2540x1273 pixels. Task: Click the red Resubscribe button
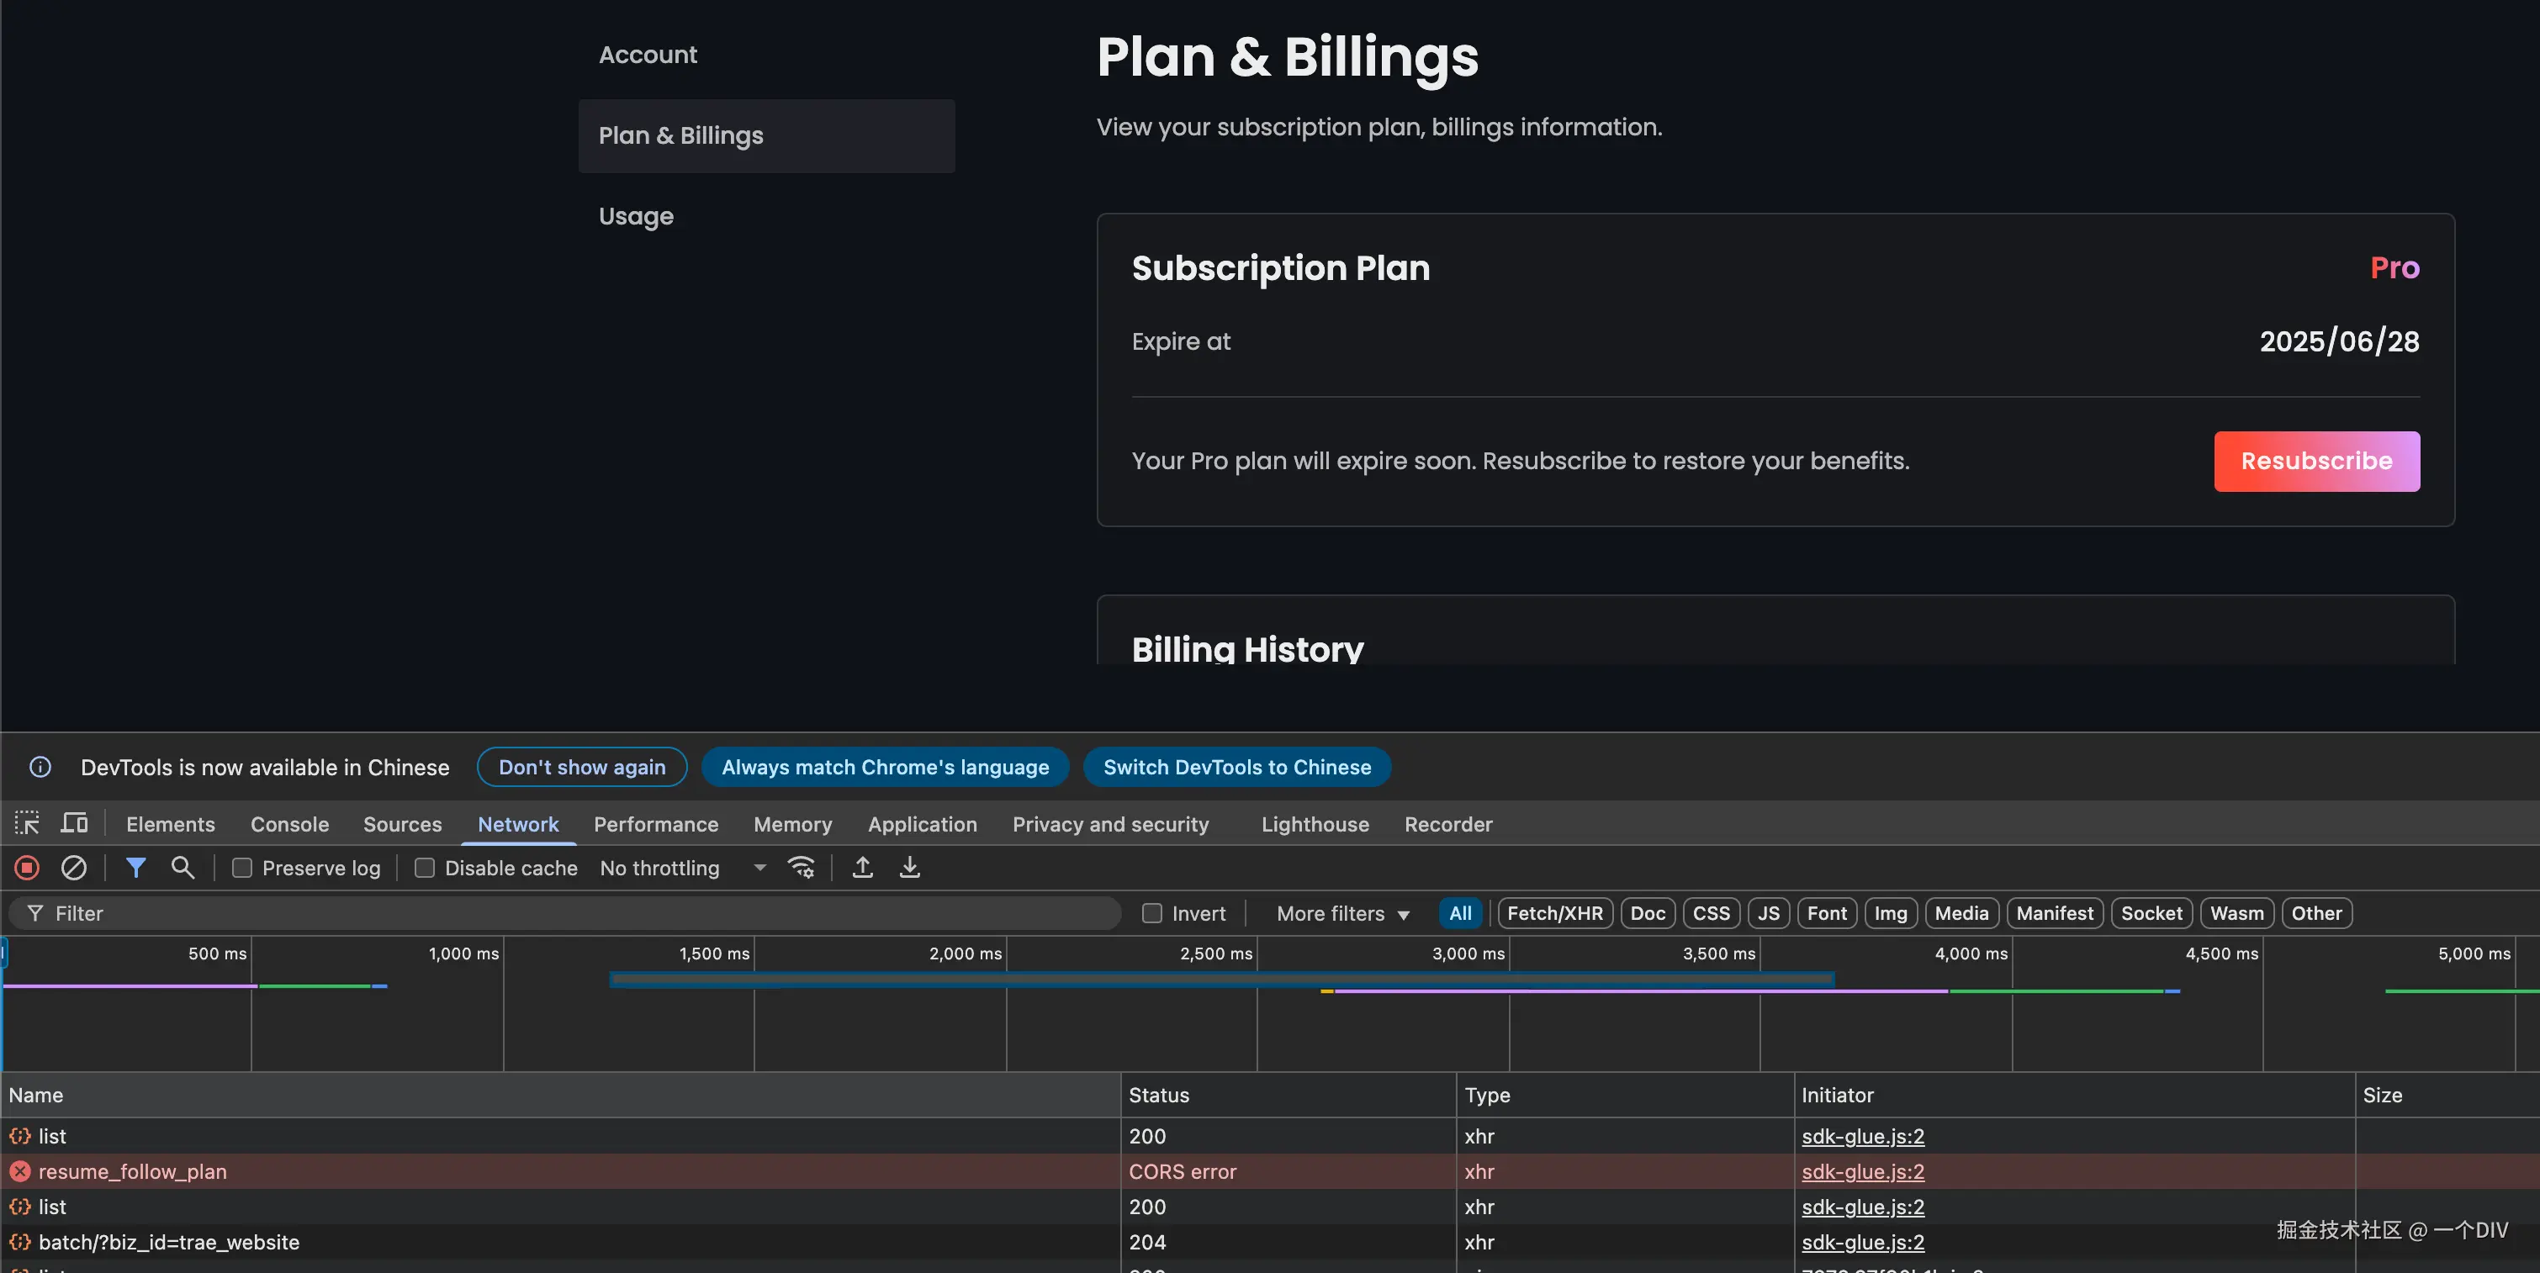(2316, 462)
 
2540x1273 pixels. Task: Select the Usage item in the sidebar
(636, 217)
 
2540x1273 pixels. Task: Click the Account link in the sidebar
(648, 55)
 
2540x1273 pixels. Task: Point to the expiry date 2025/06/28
(2339, 341)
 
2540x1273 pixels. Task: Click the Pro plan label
(2394, 268)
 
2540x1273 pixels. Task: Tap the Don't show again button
(582, 767)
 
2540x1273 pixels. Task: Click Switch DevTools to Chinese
(1236, 767)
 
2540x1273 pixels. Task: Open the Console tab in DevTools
(289, 824)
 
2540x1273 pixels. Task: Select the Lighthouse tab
(1315, 824)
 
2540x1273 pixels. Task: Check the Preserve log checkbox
(242, 868)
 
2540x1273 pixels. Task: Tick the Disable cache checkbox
(425, 868)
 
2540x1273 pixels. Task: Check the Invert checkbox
(1151, 913)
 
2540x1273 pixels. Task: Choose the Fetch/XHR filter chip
(1554, 913)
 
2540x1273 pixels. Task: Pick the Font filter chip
(1826, 913)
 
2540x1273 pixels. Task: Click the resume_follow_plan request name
(132, 1171)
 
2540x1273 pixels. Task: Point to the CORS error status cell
(1183, 1171)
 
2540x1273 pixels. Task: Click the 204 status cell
(1148, 1243)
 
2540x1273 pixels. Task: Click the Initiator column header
(1837, 1096)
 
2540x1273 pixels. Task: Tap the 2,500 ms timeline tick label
(1216, 953)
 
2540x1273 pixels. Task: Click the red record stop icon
(27, 868)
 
